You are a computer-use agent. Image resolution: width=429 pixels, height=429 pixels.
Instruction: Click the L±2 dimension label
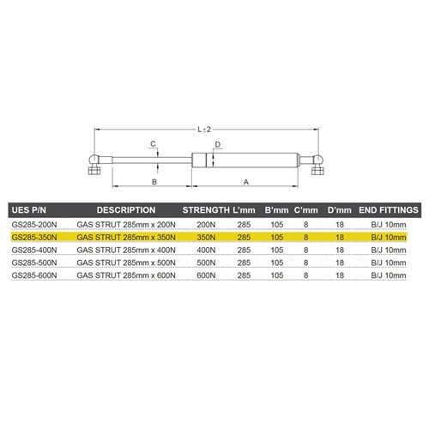coord(205,129)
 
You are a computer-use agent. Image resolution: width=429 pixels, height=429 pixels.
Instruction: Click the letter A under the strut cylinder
coord(247,182)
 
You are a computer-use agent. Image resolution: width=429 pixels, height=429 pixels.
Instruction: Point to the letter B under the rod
coord(154,182)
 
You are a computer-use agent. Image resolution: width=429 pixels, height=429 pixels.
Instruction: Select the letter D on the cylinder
coord(218,144)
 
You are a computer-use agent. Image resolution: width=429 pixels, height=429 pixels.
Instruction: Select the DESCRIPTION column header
coord(125,209)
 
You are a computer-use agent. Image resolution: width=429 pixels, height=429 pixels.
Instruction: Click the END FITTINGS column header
coord(387,209)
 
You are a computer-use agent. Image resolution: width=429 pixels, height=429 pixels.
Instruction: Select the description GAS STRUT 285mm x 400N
coord(125,250)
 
